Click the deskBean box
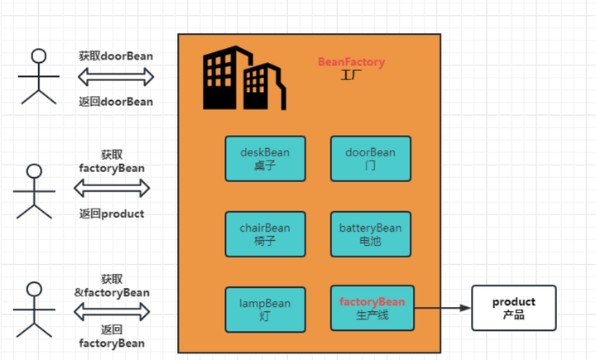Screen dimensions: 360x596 tap(265, 158)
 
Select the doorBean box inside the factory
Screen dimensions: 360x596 tap(371, 158)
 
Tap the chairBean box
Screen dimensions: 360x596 tap(265, 234)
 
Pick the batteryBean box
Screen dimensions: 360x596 tap(371, 234)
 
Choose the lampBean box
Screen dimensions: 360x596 tap(265, 310)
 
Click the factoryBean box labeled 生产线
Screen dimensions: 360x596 tap(371, 308)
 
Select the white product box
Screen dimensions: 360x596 tap(513, 308)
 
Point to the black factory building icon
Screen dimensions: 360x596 tap(243, 78)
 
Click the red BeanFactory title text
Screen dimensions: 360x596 tap(351, 62)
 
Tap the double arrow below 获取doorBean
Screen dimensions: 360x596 tap(116, 78)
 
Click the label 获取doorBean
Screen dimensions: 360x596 tap(116, 56)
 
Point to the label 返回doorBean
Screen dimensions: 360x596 tap(116, 102)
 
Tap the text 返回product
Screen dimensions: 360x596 tap(112, 214)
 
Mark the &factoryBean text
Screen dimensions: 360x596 tap(112, 292)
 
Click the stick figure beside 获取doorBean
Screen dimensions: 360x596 tap(38, 76)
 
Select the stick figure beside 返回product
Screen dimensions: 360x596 tap(34, 191)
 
